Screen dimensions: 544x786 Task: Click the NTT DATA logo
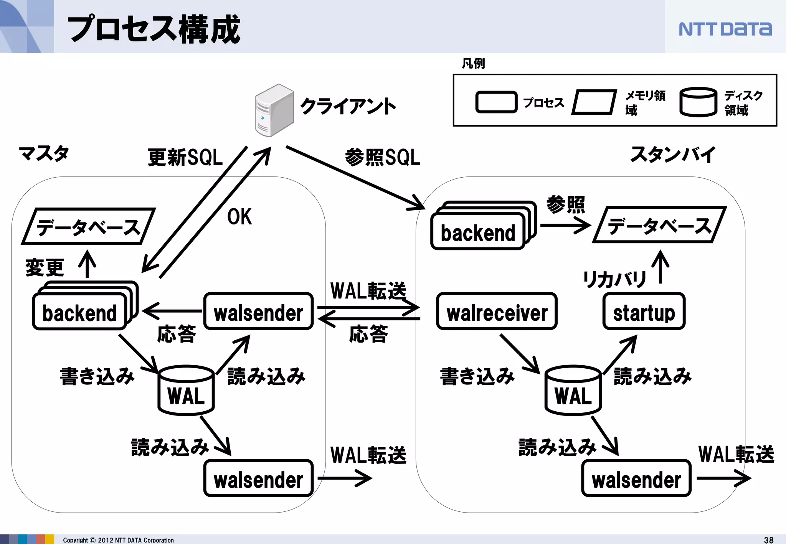(x=725, y=29)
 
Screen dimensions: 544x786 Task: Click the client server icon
(x=274, y=110)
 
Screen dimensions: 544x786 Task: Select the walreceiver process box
(x=497, y=312)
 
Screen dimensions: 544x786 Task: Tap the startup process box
(x=644, y=312)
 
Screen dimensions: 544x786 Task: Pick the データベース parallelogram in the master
(x=88, y=227)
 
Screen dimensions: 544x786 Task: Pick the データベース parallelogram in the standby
(x=659, y=225)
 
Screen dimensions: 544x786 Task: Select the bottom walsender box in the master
(x=258, y=478)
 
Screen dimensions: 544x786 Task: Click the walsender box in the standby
(x=636, y=478)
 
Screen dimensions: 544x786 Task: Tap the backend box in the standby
(x=478, y=232)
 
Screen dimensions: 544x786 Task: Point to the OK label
(x=239, y=217)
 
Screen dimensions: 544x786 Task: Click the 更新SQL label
(x=185, y=158)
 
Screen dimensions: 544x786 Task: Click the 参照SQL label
(x=383, y=158)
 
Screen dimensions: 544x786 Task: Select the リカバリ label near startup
(x=614, y=279)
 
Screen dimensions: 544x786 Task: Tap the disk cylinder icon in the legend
(x=698, y=102)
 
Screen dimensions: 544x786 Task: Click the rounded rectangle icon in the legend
(x=496, y=102)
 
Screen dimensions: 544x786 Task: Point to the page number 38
(x=769, y=540)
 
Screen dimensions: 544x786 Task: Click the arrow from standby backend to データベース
(x=565, y=225)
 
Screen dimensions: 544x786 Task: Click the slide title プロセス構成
(x=154, y=29)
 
